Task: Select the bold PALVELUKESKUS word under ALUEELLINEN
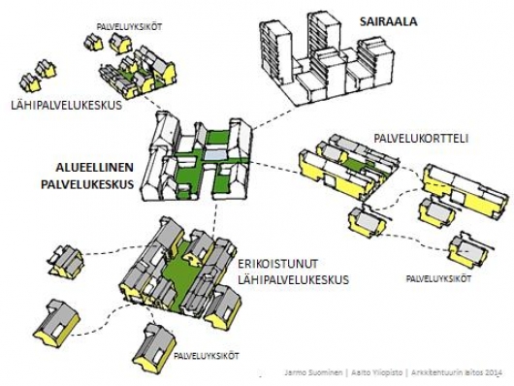(x=88, y=183)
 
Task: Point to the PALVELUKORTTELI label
(x=420, y=139)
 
